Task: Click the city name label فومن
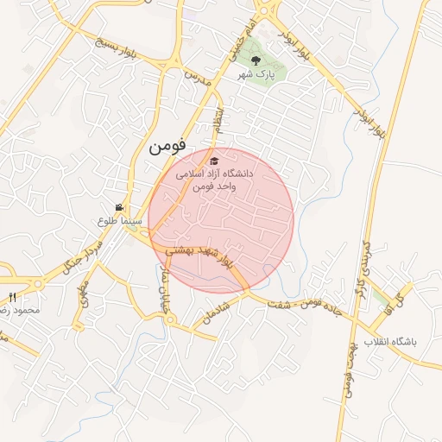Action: (x=167, y=146)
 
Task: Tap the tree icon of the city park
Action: (x=256, y=60)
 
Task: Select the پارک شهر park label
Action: (x=258, y=75)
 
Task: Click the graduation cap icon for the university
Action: (x=214, y=161)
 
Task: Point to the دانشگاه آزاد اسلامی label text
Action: (x=214, y=174)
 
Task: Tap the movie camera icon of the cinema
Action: (x=119, y=208)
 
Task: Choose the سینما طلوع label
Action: (x=118, y=222)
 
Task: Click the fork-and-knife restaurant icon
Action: (x=11, y=298)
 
